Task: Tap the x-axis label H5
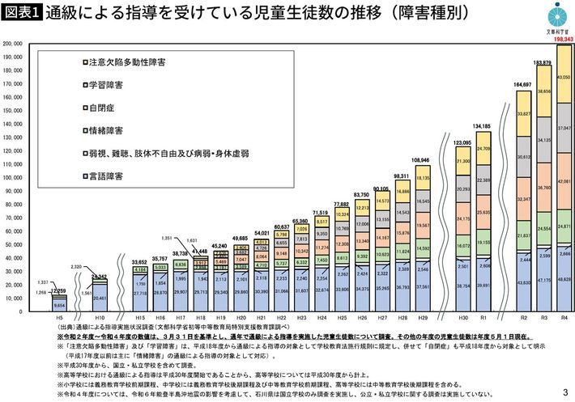tap(59, 319)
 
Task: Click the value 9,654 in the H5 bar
tap(59, 305)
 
